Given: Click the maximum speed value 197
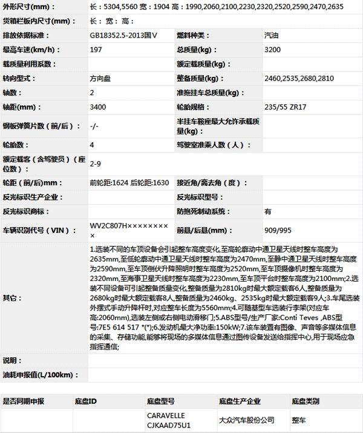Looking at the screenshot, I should pyautogui.click(x=96, y=49).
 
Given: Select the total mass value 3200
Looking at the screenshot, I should pyautogui.click(x=272, y=49).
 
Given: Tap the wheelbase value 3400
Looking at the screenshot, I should pyautogui.click(x=97, y=107).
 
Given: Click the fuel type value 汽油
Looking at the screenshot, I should pyautogui.click(x=272, y=35).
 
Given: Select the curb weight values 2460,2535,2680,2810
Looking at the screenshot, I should pyautogui.click(x=298, y=79).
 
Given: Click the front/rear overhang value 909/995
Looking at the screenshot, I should pyautogui.click(x=278, y=230).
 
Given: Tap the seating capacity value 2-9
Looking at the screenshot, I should pyautogui.click(x=95, y=164).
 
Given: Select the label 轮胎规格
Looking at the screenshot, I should pyautogui.click(x=192, y=107).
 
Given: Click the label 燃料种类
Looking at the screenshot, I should pyautogui.click(x=192, y=35).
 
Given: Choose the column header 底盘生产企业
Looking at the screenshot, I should pyautogui.click(x=239, y=401).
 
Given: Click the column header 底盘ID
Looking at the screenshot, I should pyautogui.click(x=85, y=401).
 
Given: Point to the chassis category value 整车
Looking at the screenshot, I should pyautogui.click(x=299, y=420).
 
